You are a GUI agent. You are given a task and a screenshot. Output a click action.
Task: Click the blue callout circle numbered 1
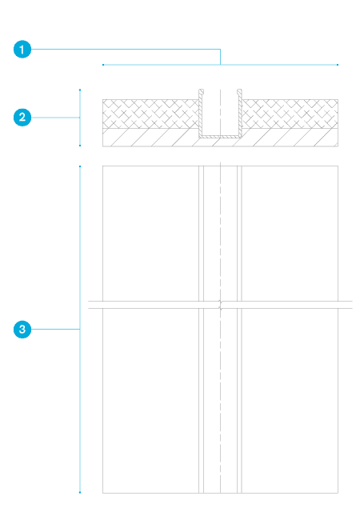click(22, 50)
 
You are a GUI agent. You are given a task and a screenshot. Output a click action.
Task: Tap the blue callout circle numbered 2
click(22, 118)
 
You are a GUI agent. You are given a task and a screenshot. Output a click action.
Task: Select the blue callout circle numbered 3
click(22, 330)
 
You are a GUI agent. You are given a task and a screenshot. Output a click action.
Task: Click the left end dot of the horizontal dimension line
click(103, 65)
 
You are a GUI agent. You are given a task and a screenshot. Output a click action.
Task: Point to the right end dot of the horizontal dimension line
click(338, 65)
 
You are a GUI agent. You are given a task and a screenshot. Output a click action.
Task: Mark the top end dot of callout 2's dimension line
click(80, 90)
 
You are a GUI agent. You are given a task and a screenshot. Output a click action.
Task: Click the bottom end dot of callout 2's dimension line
click(80, 146)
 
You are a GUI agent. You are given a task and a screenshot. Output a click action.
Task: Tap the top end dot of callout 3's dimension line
click(80, 166)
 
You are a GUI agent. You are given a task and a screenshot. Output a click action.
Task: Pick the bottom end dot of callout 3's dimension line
click(80, 493)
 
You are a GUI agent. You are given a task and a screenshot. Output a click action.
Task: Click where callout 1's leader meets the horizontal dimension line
click(221, 65)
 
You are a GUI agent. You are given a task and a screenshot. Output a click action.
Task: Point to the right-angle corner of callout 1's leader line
click(221, 50)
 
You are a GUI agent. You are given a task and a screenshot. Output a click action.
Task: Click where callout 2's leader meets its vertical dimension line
click(80, 118)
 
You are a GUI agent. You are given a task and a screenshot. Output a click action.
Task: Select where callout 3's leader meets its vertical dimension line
click(80, 330)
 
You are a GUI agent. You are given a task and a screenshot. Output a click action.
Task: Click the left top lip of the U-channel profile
click(202, 91)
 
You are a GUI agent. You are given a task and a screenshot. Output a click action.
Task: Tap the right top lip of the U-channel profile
click(239, 91)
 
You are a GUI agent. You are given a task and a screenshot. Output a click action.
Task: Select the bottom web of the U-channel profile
click(220, 137)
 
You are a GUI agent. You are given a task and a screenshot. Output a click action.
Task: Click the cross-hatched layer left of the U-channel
click(151, 114)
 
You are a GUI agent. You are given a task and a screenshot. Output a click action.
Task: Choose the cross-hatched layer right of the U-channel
click(290, 114)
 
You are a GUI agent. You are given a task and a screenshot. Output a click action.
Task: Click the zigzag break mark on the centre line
click(221, 305)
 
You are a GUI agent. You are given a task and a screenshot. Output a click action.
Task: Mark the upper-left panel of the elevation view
click(151, 234)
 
